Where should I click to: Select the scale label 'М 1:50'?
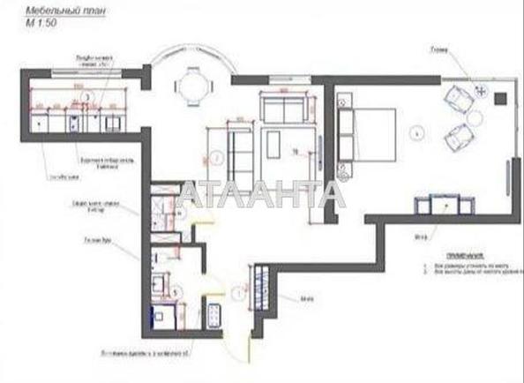tap(41, 24)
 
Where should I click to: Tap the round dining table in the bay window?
tap(192, 86)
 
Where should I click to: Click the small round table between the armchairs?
tap(474, 117)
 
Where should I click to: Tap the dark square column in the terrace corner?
tap(499, 96)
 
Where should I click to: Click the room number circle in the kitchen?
tap(86, 97)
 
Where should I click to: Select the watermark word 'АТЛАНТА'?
tap(261, 195)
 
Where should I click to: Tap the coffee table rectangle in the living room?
tap(273, 143)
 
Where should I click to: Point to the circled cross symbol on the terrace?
tap(481, 89)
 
